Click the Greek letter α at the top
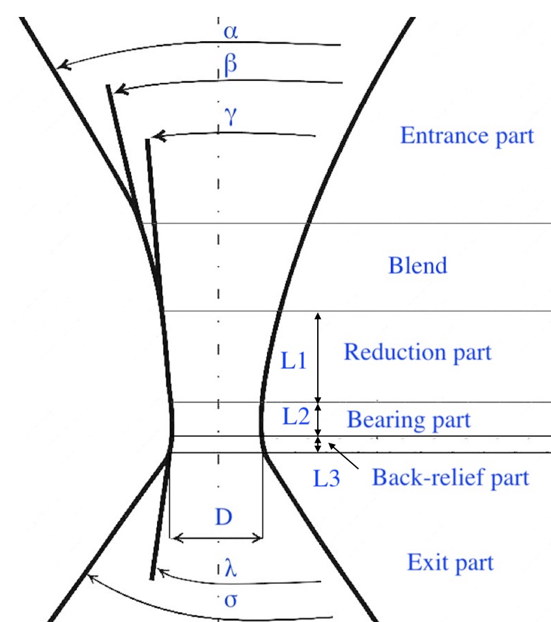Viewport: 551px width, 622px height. pyautogui.click(x=230, y=31)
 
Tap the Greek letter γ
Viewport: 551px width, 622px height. pyautogui.click(x=227, y=118)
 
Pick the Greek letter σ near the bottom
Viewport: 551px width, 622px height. pyautogui.click(x=229, y=599)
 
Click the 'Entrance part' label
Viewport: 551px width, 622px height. pyautogui.click(x=466, y=136)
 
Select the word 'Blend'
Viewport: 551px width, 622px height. pyautogui.click(x=417, y=266)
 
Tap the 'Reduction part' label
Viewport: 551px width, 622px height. pyautogui.click(x=417, y=353)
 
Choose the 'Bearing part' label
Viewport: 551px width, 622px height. pyautogui.click(x=408, y=419)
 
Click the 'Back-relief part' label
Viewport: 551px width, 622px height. pyautogui.click(x=450, y=478)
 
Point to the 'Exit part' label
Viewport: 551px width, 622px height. pyautogui.click(x=450, y=562)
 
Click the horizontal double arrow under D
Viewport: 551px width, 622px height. pyautogui.click(x=216, y=538)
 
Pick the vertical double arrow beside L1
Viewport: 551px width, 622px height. pyautogui.click(x=318, y=357)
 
